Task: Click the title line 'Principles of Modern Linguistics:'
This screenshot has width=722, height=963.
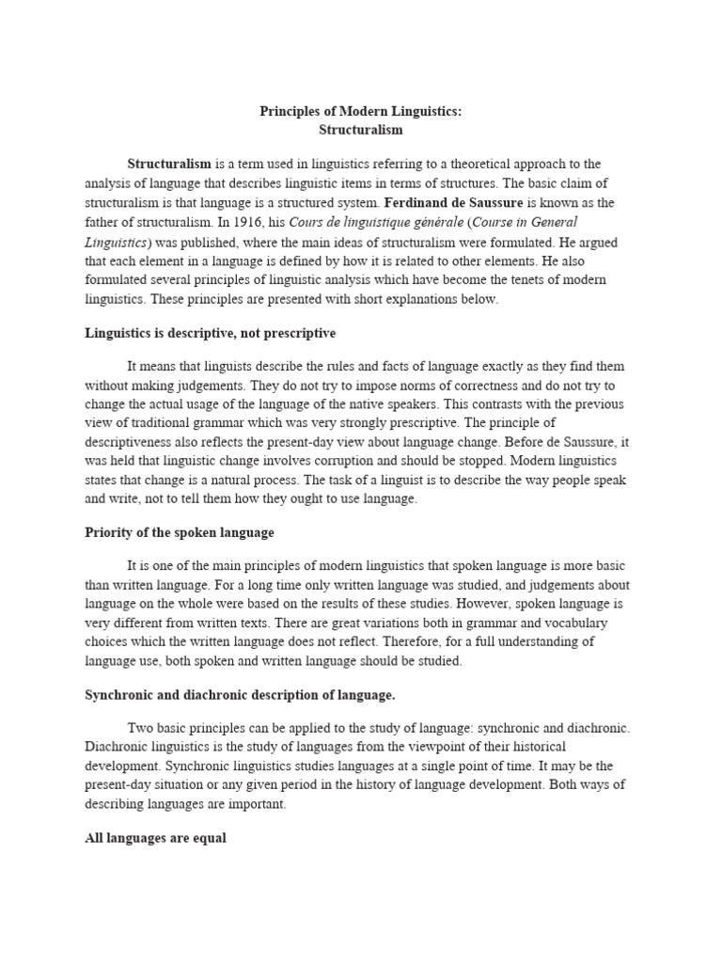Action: [x=361, y=112]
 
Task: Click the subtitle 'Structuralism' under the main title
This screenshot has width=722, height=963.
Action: [x=361, y=130]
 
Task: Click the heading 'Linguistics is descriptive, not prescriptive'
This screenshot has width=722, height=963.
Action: [x=210, y=333]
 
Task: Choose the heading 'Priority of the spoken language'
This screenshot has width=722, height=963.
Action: [x=180, y=532]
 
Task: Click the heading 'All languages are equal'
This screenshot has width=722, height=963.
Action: [x=155, y=838]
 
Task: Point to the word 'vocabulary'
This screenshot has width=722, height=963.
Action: [x=575, y=623]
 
